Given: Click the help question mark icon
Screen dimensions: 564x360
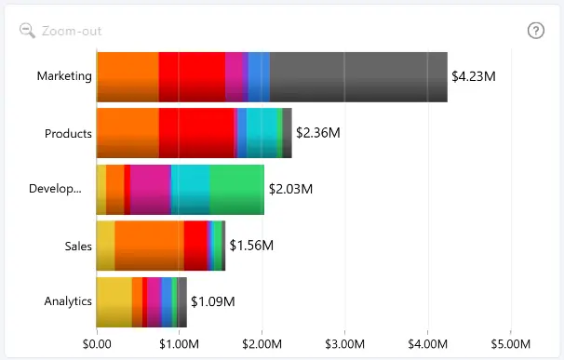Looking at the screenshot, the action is [535, 31].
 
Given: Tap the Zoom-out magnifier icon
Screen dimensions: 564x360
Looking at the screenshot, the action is [27, 31].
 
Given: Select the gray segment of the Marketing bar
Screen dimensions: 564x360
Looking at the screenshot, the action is [358, 77].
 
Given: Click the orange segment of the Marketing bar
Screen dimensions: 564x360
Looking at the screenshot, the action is [128, 77].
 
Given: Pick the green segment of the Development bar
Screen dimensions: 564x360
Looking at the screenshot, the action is [237, 190].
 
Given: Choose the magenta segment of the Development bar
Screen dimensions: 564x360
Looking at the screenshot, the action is [151, 190].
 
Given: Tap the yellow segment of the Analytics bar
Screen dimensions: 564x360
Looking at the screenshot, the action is [114, 302].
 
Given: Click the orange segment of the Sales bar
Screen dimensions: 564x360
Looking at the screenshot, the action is [149, 246].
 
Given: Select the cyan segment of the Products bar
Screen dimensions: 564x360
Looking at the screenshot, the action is [262, 133].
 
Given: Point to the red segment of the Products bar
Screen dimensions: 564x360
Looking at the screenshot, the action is [196, 133].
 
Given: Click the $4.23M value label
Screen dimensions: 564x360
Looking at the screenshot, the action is [474, 76].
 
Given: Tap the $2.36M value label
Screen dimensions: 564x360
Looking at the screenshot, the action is [318, 133].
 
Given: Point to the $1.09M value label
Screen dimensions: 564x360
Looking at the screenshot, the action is [213, 301].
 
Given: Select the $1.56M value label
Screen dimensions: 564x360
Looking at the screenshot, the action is [251, 246].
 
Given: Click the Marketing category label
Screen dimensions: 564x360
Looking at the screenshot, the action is [64, 76].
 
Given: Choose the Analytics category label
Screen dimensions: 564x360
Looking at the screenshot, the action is [68, 301].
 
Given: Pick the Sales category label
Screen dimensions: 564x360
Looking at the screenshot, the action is [78, 246].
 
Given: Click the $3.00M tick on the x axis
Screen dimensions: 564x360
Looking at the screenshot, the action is [344, 344].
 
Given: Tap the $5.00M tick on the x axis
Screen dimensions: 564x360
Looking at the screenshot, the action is [511, 344].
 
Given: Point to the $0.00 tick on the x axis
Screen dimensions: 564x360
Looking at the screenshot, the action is [97, 344].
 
